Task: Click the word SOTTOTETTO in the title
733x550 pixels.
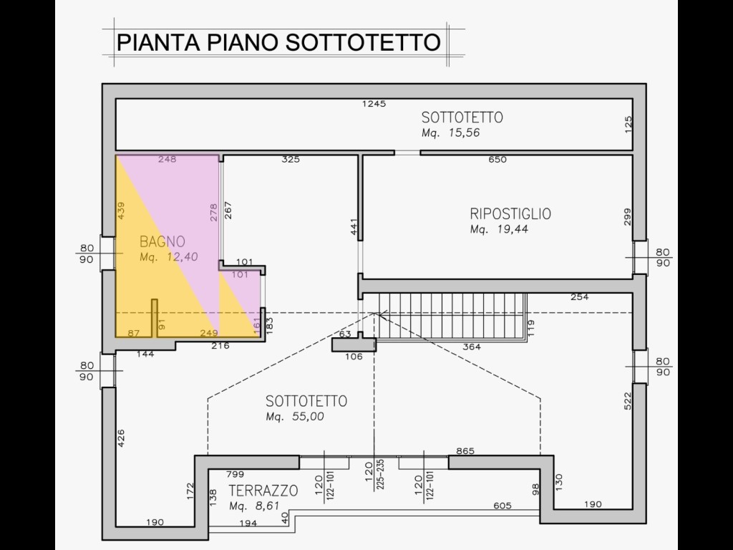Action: click(363, 42)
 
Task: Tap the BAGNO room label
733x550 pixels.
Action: click(162, 242)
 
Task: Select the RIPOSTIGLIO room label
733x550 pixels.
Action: click(510, 213)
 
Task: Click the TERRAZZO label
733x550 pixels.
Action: click(263, 491)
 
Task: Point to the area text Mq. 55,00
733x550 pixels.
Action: click(295, 417)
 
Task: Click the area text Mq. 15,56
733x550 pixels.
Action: click(451, 132)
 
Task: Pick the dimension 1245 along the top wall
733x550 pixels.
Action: click(374, 104)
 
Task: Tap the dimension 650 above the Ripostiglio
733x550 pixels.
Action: click(497, 160)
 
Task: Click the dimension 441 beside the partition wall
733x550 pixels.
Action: click(354, 227)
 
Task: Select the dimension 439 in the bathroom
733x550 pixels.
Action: click(121, 211)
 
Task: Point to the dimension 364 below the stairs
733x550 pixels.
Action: click(471, 347)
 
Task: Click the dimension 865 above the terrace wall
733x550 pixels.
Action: click(465, 451)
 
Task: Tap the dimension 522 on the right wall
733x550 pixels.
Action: click(627, 401)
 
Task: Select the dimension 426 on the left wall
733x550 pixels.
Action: click(121, 438)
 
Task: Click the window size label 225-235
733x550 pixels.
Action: click(381, 475)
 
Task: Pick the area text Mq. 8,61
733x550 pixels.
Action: click(261, 506)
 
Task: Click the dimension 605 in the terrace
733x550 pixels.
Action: click(503, 506)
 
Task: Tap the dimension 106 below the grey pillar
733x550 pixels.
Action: click(354, 357)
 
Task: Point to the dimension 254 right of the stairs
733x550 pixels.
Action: click(580, 297)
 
